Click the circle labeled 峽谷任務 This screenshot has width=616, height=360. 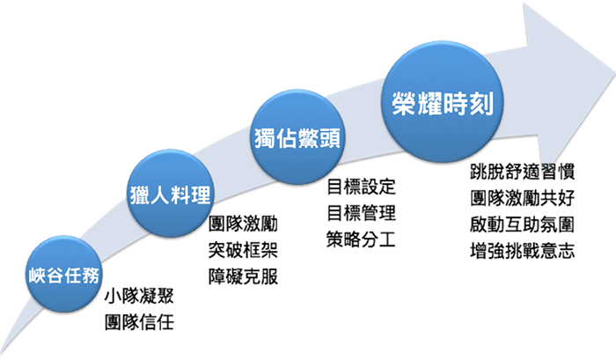click(x=63, y=274)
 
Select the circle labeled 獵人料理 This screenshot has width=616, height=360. click(x=171, y=194)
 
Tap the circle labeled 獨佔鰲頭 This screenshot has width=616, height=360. click(x=297, y=136)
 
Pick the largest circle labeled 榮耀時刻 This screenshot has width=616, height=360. click(x=443, y=102)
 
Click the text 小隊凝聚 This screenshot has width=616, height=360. click(x=139, y=296)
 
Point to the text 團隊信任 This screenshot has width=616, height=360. click(x=139, y=322)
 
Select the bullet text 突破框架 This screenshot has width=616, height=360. click(x=243, y=250)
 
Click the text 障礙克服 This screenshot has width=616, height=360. click(x=243, y=276)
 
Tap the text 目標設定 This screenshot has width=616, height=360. click(x=361, y=187)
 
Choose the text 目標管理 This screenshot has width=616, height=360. click(x=361, y=213)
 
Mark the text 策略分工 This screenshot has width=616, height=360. click(x=361, y=239)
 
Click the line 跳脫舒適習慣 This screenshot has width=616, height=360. click(x=523, y=172)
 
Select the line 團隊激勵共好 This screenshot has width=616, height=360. click(x=523, y=198)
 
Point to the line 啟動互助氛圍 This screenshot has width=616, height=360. click(x=523, y=224)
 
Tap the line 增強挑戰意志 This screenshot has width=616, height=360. click(x=523, y=251)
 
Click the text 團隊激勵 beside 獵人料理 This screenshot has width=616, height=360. click(x=243, y=224)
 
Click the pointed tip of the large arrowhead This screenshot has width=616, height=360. click(x=614, y=74)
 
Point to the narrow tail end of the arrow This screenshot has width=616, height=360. click(x=3, y=351)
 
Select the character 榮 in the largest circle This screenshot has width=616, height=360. click(x=404, y=104)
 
